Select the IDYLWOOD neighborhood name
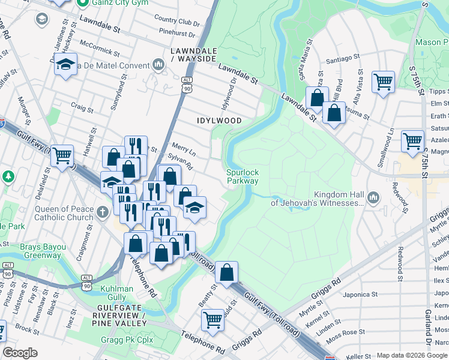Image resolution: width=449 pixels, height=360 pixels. click(219, 121)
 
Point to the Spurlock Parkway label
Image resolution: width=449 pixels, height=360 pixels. click(243, 176)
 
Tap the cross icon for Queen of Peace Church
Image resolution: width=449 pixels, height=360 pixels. click(103, 211)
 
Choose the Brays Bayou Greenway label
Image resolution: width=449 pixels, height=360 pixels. click(43, 251)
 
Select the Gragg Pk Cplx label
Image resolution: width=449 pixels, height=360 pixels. click(127, 340)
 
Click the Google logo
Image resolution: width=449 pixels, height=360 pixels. click(20, 353)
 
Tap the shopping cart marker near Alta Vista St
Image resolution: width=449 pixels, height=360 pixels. click(383, 81)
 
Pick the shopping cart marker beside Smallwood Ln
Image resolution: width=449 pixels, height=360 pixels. click(412, 142)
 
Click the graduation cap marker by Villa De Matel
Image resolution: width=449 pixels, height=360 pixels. click(65, 64)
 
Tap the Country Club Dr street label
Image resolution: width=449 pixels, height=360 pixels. click(176, 22)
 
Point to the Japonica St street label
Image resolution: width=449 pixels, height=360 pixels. click(360, 295)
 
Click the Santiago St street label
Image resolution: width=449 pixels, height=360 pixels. click(342, 60)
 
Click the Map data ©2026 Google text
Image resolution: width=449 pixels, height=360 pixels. click(411, 355)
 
